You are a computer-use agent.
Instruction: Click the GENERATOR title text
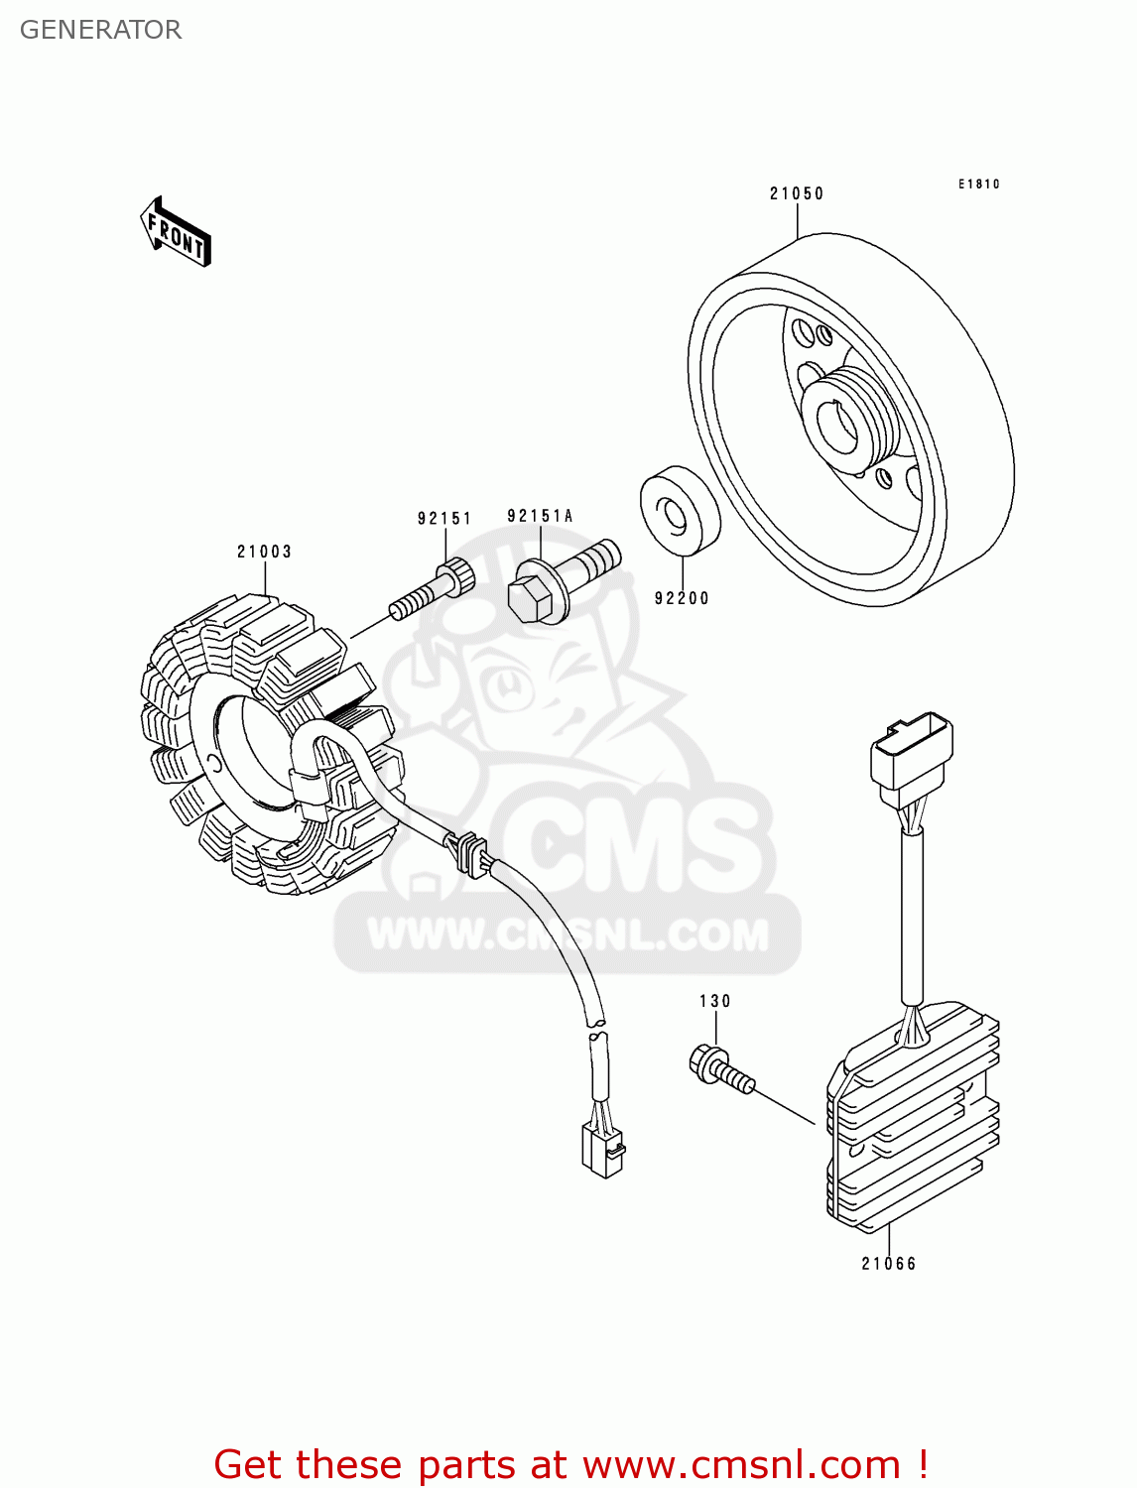point(100,30)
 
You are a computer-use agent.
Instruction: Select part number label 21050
point(797,193)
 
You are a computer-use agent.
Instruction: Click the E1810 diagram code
point(978,184)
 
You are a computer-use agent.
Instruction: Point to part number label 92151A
point(540,516)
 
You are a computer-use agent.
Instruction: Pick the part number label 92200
point(682,598)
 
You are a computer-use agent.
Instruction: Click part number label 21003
point(264,552)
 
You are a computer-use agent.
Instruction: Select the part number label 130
point(714,1001)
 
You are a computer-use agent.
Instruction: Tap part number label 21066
point(889,1263)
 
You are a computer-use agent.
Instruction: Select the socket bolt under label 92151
point(432,590)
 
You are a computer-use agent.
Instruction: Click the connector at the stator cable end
point(601,1151)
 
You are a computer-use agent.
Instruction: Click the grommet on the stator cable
point(471,854)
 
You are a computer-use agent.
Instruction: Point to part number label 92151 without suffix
point(443,518)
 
